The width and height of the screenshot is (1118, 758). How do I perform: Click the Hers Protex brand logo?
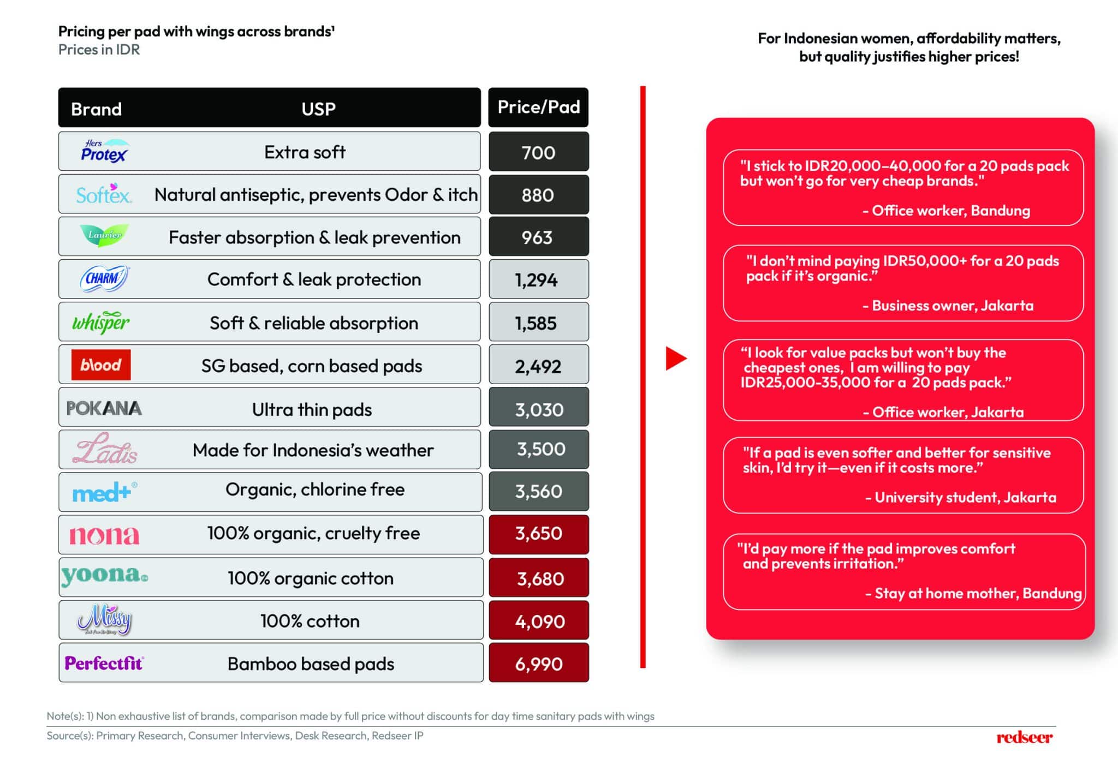[104, 151]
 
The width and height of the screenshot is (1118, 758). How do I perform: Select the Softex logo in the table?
[104, 194]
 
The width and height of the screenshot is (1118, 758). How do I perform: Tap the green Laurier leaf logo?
[104, 235]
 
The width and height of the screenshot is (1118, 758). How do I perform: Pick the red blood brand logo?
[101, 365]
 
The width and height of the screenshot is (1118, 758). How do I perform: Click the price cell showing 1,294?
[538, 279]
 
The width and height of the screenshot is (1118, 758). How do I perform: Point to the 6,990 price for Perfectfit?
[538, 663]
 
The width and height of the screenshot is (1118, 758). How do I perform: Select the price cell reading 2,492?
[538, 365]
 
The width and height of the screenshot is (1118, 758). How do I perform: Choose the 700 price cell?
[538, 152]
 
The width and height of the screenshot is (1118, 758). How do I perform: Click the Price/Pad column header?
[538, 107]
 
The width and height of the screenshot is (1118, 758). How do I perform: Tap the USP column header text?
[318, 109]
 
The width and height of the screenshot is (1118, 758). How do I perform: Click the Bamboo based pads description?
[311, 664]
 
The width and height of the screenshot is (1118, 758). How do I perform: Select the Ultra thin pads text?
[312, 409]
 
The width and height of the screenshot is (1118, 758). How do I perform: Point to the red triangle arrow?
[676, 359]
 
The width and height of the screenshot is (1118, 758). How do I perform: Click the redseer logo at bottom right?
[1025, 737]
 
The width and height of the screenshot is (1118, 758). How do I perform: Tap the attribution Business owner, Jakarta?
[948, 306]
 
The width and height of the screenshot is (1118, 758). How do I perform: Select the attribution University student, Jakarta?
[961, 497]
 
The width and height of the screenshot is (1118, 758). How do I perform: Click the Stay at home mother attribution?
[973, 593]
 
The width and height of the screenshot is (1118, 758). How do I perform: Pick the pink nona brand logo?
[104, 535]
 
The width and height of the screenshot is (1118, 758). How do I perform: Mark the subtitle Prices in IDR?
[99, 50]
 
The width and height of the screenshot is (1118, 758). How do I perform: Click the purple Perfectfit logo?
[104, 663]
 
